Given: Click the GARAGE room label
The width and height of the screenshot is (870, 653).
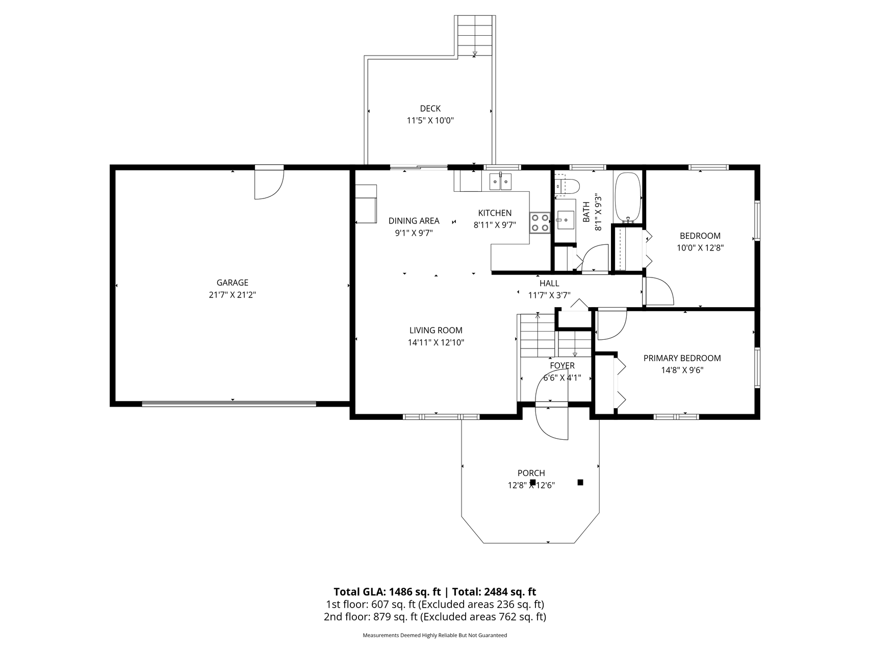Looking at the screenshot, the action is coord(233,283).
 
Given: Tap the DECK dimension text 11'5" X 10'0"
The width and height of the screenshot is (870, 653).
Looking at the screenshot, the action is coord(430,121).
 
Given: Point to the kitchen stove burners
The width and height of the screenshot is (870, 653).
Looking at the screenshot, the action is coord(540,222).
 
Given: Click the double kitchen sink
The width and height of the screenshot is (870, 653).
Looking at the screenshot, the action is coord(500,182).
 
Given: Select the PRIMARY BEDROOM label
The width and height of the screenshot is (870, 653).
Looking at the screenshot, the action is coord(682,358).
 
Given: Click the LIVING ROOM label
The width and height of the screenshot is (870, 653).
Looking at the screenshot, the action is coord(436,330).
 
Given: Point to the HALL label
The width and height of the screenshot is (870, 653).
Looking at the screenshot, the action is coord(549,283).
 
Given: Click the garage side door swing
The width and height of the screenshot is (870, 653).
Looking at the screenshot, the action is coord(269,184).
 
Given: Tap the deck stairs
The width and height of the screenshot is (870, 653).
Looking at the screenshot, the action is coord(475,35).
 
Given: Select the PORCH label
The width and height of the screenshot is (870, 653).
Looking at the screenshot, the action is coord(531,473).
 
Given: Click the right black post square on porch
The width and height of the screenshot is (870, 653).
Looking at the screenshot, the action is coord(580,482).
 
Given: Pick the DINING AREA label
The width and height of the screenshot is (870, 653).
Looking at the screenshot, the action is coord(414,221).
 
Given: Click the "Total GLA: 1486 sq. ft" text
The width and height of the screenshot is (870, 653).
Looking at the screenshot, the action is coord(387,592).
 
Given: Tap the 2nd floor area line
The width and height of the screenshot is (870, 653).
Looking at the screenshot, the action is coord(435,617).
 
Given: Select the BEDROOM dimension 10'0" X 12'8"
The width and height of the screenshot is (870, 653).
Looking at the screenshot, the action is coord(700,248).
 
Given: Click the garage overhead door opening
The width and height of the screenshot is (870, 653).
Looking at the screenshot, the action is coord(229,404).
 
